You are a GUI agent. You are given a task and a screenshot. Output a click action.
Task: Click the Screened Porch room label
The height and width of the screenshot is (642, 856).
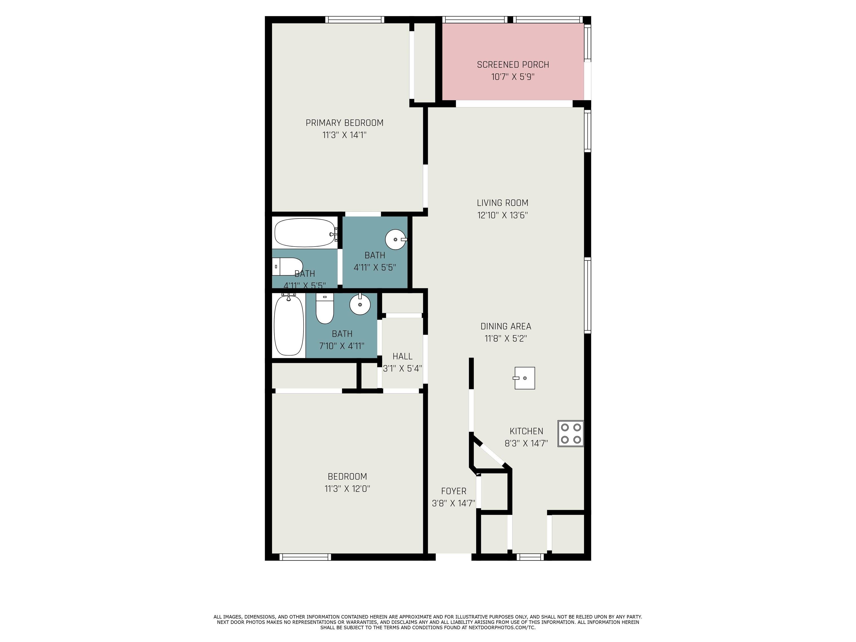tap(513, 65)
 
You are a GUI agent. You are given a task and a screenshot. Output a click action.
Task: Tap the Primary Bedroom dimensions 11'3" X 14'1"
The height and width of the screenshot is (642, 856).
tap(344, 135)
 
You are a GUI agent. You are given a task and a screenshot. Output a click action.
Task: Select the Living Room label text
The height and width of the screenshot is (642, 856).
tap(502, 203)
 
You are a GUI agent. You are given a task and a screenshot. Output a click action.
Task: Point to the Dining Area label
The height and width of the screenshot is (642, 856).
tap(506, 326)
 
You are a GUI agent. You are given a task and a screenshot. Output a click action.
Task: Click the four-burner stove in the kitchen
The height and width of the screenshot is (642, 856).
tap(570, 433)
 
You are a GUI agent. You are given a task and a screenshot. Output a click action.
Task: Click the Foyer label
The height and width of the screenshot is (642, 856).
tap(454, 491)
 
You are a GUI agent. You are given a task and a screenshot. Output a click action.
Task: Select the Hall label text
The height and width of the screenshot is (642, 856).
tap(402, 356)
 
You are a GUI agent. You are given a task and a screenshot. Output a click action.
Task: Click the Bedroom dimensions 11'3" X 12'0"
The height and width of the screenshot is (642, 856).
tap(347, 489)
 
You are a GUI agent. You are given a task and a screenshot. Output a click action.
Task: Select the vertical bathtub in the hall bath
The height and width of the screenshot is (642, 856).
tap(289, 325)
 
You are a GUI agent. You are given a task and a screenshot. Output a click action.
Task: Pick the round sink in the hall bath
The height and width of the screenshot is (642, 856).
tap(360, 305)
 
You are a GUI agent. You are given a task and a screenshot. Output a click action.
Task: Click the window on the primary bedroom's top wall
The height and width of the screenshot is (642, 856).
tap(354, 20)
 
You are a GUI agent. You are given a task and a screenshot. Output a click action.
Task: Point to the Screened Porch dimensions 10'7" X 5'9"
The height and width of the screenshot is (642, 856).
tap(513, 77)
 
